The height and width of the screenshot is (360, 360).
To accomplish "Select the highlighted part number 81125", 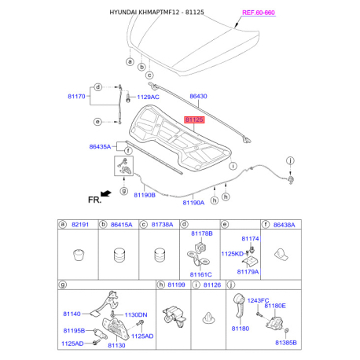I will (194, 120).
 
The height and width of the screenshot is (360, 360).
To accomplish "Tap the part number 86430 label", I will (198, 97).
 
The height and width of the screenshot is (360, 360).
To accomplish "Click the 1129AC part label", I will (148, 97).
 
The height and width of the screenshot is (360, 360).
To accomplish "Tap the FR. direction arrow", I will (101, 200).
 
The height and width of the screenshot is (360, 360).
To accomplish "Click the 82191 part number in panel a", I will (82, 224).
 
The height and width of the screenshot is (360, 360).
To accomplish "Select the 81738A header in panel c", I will (160, 224).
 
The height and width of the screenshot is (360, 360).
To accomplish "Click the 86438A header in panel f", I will (283, 224).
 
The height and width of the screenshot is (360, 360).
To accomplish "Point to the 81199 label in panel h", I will (178, 285).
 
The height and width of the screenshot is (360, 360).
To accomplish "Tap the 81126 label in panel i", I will (212, 285).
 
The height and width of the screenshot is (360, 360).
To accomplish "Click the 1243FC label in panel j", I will (258, 299).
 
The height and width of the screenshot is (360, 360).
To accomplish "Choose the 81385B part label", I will (285, 343).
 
